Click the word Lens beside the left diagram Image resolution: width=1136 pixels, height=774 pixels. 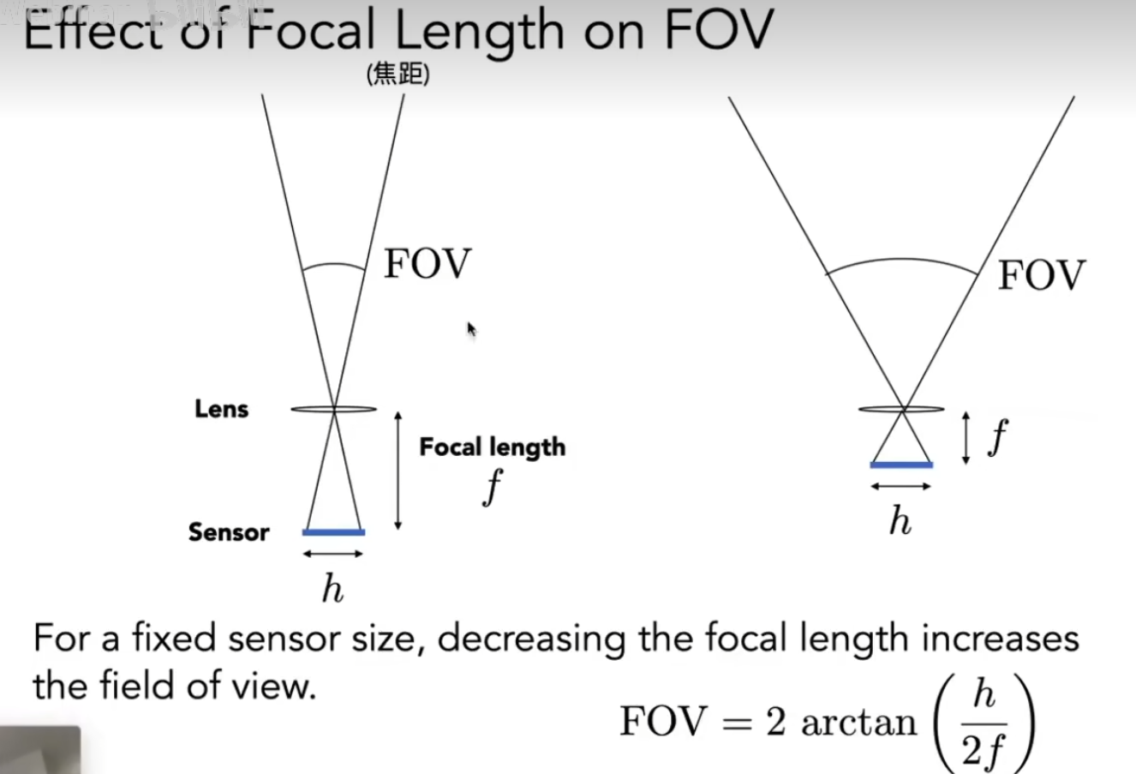click(x=221, y=409)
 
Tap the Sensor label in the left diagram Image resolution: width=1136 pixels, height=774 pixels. click(x=229, y=532)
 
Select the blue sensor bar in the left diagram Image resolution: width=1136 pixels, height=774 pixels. click(x=333, y=532)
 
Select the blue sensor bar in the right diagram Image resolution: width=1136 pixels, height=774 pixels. click(x=901, y=465)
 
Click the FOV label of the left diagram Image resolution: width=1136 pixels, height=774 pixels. click(x=427, y=263)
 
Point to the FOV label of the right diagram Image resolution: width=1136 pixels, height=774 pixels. click(x=1041, y=276)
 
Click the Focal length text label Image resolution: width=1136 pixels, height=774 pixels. click(x=493, y=447)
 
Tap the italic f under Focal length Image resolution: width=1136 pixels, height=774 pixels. click(x=493, y=488)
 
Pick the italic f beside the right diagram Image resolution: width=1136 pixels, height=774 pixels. click(x=998, y=437)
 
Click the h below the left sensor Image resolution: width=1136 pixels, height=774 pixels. click(x=332, y=588)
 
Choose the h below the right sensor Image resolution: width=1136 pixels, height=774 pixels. click(x=900, y=520)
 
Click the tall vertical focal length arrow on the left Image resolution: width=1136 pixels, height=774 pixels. click(x=398, y=471)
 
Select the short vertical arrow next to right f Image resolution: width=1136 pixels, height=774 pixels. click(x=966, y=438)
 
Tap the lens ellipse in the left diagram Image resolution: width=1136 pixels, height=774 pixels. click(x=333, y=409)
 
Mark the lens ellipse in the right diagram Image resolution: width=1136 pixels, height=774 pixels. click(x=901, y=409)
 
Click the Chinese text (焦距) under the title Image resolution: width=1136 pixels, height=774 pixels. click(x=398, y=75)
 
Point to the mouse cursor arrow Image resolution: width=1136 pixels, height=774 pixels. click(x=470, y=328)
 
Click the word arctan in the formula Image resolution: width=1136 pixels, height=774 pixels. click(x=858, y=722)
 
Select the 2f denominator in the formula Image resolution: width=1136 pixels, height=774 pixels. click(x=982, y=751)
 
